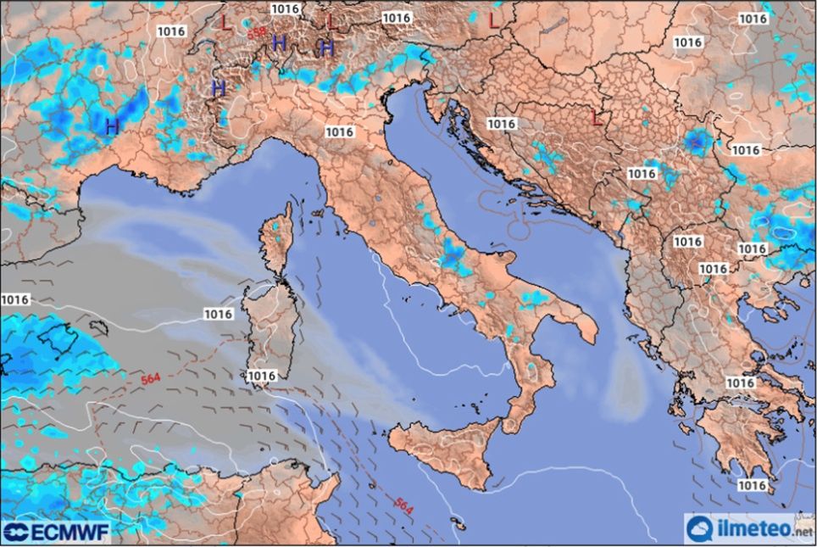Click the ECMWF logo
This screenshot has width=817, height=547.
(56, 532)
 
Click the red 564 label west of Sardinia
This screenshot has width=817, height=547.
(151, 378)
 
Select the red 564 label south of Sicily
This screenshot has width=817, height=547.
(404, 506)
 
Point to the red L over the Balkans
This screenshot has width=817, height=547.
(597, 118)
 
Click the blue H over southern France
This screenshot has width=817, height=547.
(111, 126)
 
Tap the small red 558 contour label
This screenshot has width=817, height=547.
(257, 33)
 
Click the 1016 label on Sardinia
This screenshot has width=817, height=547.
(261, 376)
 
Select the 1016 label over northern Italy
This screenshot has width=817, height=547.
(339, 131)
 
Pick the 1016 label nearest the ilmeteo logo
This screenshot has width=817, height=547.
(753, 485)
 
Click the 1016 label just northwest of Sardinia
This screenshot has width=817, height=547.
(218, 314)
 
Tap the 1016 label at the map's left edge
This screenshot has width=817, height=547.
(14, 299)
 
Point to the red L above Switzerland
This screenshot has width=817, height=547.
(225, 21)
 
